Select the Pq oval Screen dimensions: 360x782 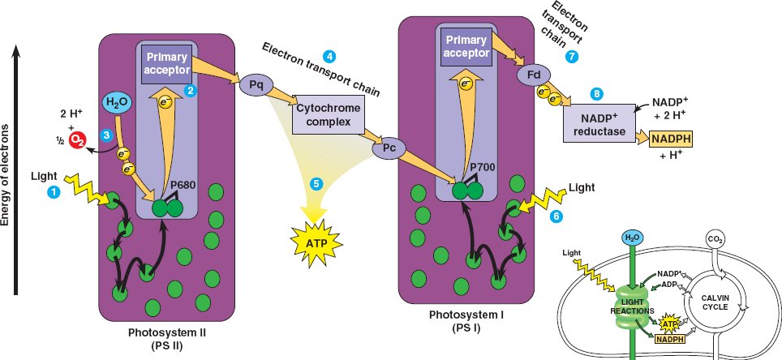tap(252, 83)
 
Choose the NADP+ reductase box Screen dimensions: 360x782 tap(599, 122)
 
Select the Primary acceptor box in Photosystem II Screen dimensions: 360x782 tap(165, 64)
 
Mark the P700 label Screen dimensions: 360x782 tap(483, 168)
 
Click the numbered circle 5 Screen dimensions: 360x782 tap(317, 183)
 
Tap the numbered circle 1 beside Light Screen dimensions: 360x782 tap(53, 192)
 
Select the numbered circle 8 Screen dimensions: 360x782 tap(598, 93)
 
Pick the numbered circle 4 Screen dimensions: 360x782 tap(329, 56)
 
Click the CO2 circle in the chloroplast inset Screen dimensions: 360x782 tap(712, 239)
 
